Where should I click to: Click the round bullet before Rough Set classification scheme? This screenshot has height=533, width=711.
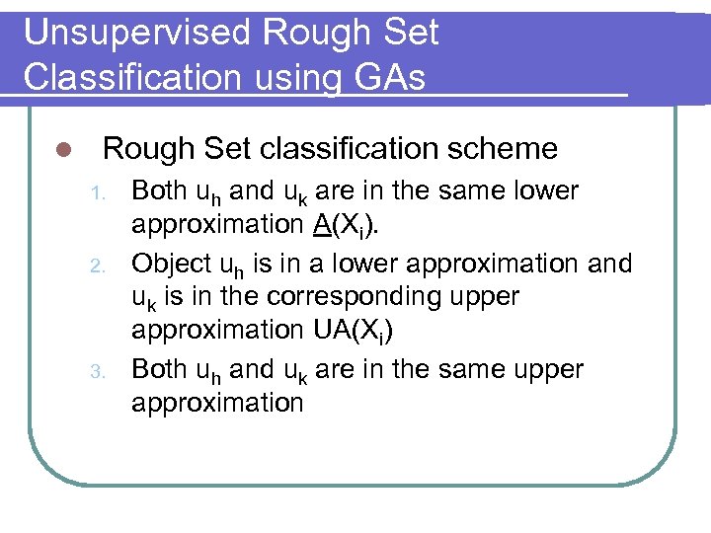pos(61,150)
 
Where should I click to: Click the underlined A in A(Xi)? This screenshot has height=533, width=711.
pos(321,224)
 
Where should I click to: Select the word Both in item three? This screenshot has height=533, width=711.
pos(161,368)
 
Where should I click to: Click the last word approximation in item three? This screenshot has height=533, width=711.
pos(217,402)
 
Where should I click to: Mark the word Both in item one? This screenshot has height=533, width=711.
pos(161,190)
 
